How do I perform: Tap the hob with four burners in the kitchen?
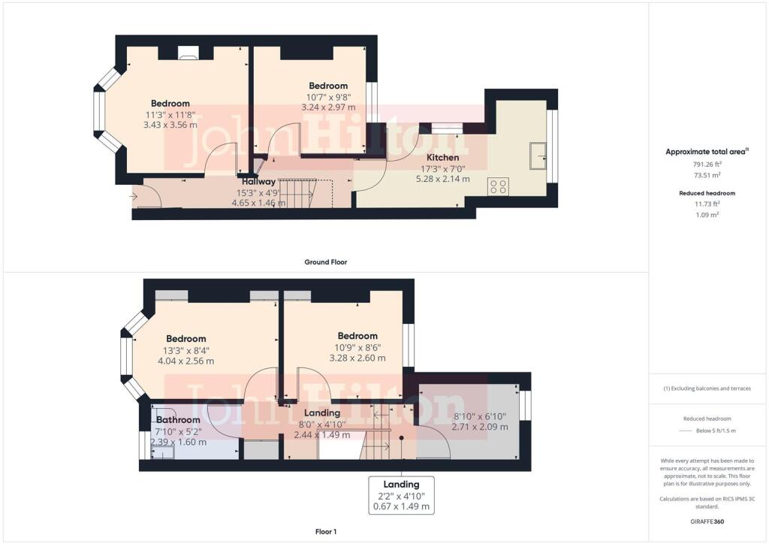tap(497, 186)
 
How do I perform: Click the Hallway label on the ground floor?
tap(258, 181)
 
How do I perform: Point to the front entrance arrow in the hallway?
tap(134, 197)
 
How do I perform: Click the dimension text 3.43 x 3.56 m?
tap(170, 125)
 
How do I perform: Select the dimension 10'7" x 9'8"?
tap(328, 97)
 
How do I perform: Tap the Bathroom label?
tap(178, 419)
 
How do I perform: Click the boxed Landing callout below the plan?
tap(401, 495)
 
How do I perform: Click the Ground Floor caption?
tap(325, 262)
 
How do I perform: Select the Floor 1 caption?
tap(325, 531)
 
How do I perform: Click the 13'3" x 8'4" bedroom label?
tap(185, 350)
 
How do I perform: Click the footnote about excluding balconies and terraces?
tap(707, 388)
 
